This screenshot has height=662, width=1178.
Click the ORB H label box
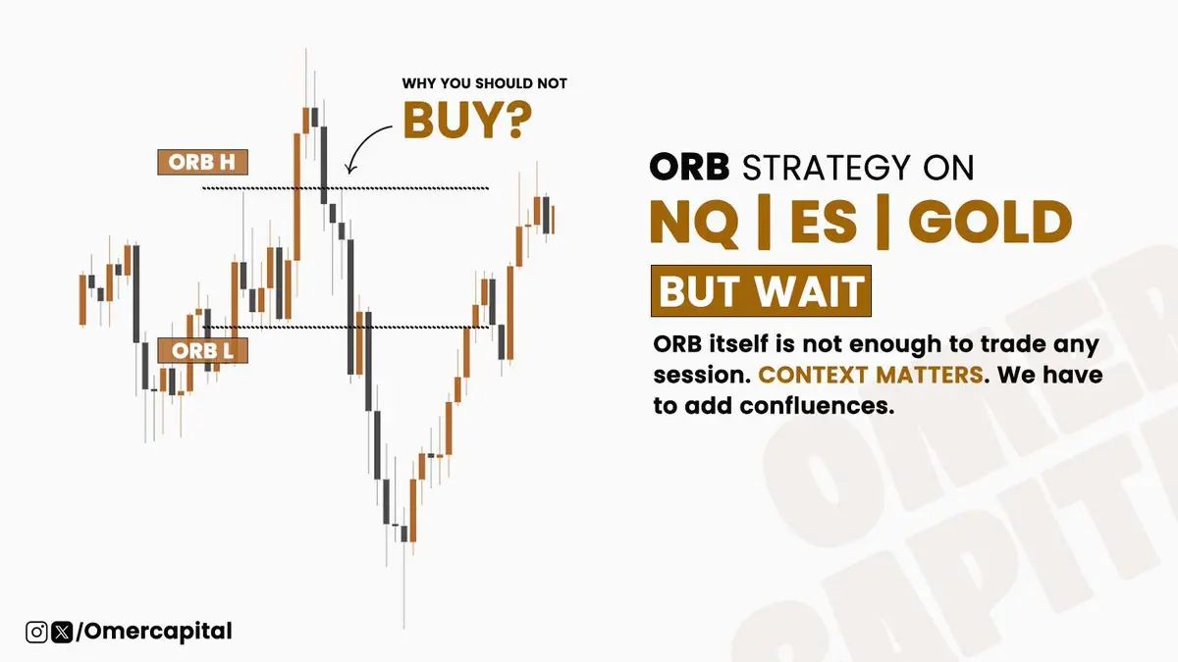(x=202, y=163)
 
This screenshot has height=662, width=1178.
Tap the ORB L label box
(x=202, y=350)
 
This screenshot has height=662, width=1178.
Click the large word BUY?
(x=467, y=120)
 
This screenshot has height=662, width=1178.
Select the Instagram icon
(x=37, y=632)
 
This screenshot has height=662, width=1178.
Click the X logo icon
(x=62, y=632)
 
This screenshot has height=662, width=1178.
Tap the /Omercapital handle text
(x=154, y=632)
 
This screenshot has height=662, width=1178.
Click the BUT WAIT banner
(x=761, y=291)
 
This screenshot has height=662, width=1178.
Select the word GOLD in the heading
(x=991, y=223)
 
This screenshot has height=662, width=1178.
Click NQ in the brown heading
(x=694, y=223)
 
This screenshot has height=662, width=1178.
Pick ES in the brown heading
(x=824, y=223)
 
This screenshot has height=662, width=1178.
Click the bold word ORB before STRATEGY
(x=690, y=167)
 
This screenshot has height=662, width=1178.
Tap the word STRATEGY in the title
(x=827, y=168)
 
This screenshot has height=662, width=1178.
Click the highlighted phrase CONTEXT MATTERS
(x=871, y=375)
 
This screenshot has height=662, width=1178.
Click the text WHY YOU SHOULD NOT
(x=484, y=83)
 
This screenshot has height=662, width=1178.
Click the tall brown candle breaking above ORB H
(x=297, y=196)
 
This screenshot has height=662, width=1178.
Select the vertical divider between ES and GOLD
(x=883, y=222)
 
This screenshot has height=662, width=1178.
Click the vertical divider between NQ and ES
(x=764, y=222)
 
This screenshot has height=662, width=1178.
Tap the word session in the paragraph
(x=702, y=375)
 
